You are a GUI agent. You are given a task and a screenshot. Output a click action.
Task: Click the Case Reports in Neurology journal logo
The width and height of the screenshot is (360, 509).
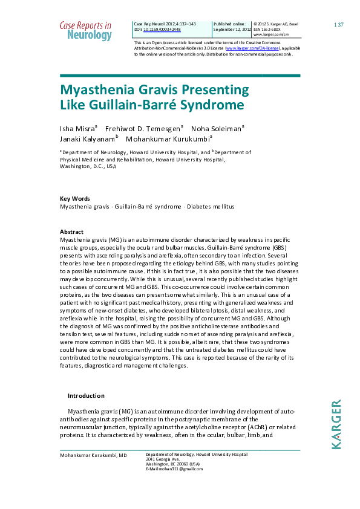coord(85,31)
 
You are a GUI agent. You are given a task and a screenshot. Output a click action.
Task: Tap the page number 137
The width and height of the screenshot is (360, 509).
coord(339,24)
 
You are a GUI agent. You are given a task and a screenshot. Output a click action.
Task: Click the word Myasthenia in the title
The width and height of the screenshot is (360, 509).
coord(100,91)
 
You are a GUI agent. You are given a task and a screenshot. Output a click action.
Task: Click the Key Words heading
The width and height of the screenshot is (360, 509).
coord(74,198)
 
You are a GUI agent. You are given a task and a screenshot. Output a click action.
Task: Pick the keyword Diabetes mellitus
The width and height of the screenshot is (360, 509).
coord(211,207)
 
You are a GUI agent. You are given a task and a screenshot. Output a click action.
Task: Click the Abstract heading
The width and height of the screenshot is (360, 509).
coord(71,232)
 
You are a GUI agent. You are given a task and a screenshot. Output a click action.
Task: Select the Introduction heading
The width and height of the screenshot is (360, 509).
coord(86,396)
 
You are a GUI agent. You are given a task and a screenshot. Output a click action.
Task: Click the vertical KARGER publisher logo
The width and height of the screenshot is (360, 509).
coord(336,424)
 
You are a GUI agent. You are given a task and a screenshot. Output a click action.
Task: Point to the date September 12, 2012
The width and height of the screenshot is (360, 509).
coord(230,29)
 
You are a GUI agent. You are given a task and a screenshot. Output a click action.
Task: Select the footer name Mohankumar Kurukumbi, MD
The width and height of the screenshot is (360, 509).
coord(93,455)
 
